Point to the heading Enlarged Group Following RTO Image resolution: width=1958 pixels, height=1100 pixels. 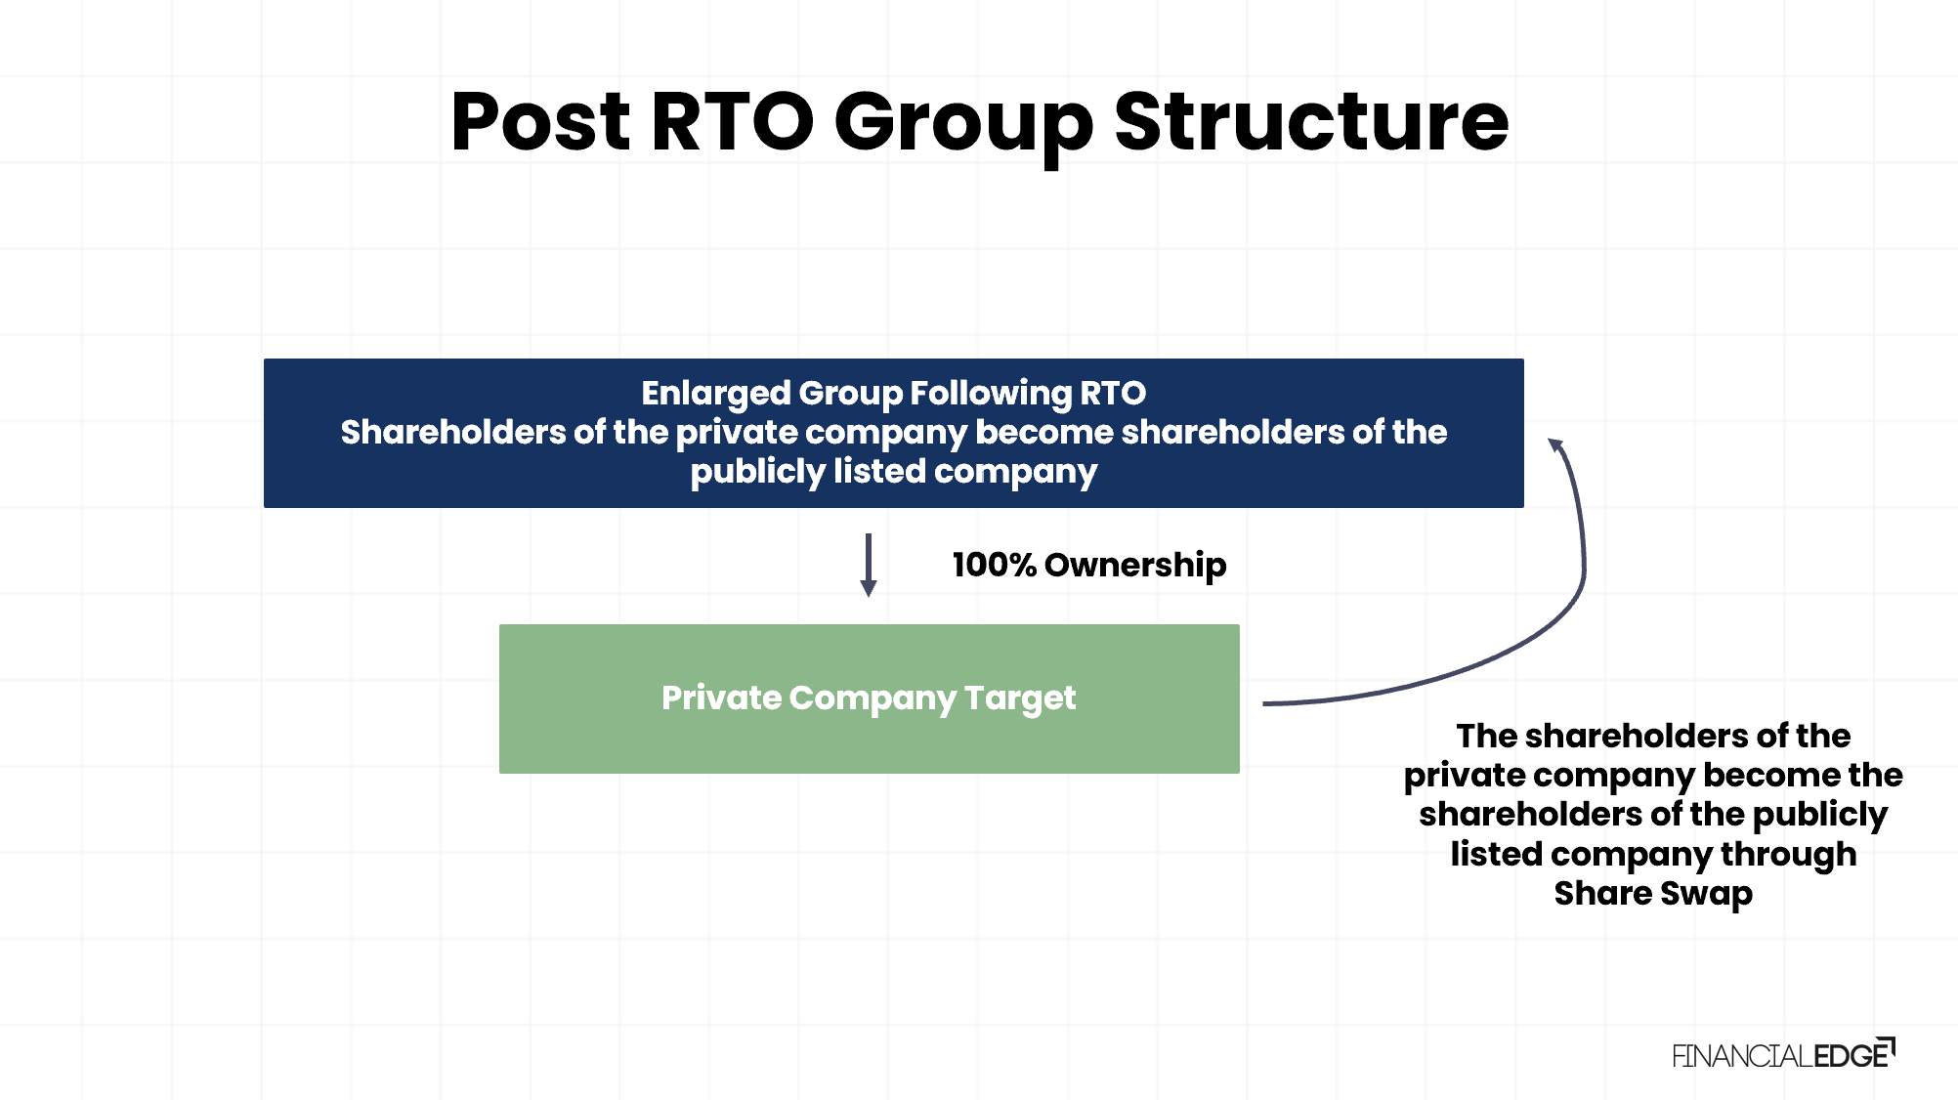click(x=893, y=393)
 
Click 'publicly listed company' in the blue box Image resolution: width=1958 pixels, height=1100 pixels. click(x=893, y=472)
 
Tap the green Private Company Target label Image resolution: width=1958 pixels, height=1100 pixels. click(x=869, y=698)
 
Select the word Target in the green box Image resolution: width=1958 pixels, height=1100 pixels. click(x=1019, y=698)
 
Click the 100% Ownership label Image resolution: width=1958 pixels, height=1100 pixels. click(x=1088, y=565)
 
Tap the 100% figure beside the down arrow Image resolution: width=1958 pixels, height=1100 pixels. click(x=994, y=565)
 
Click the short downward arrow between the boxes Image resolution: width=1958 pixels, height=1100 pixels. click(x=868, y=565)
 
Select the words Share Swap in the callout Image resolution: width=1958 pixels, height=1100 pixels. click(x=1653, y=893)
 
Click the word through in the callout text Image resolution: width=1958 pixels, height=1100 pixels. click(x=1788, y=854)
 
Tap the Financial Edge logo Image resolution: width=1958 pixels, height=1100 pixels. click(x=1783, y=1054)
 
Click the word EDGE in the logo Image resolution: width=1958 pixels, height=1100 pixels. click(x=1852, y=1055)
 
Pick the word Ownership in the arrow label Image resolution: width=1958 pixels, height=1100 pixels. click(x=1134, y=565)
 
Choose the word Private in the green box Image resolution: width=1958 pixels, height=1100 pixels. click(x=721, y=698)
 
